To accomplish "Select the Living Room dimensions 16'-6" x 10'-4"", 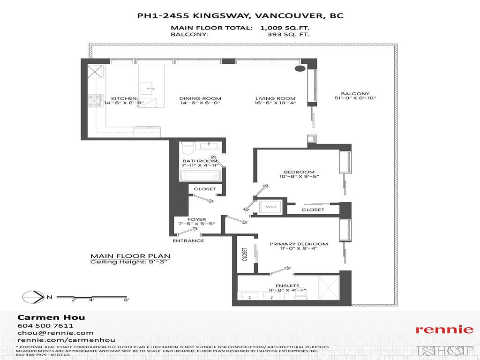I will pos(276,103).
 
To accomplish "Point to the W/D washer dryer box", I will pos(271,207).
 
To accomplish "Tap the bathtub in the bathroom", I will pos(201,176).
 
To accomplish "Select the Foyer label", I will pos(196,219).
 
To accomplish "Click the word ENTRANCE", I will pos(188,241).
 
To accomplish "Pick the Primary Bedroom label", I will pos(298,244).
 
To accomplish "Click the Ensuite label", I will pos(285,285).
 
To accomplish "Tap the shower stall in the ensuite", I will pos(329,287).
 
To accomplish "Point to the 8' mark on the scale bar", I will pos(126,300).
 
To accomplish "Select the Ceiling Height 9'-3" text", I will pos(130,262).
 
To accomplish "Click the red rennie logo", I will pos(444,330).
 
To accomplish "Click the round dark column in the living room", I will pos(299,69).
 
